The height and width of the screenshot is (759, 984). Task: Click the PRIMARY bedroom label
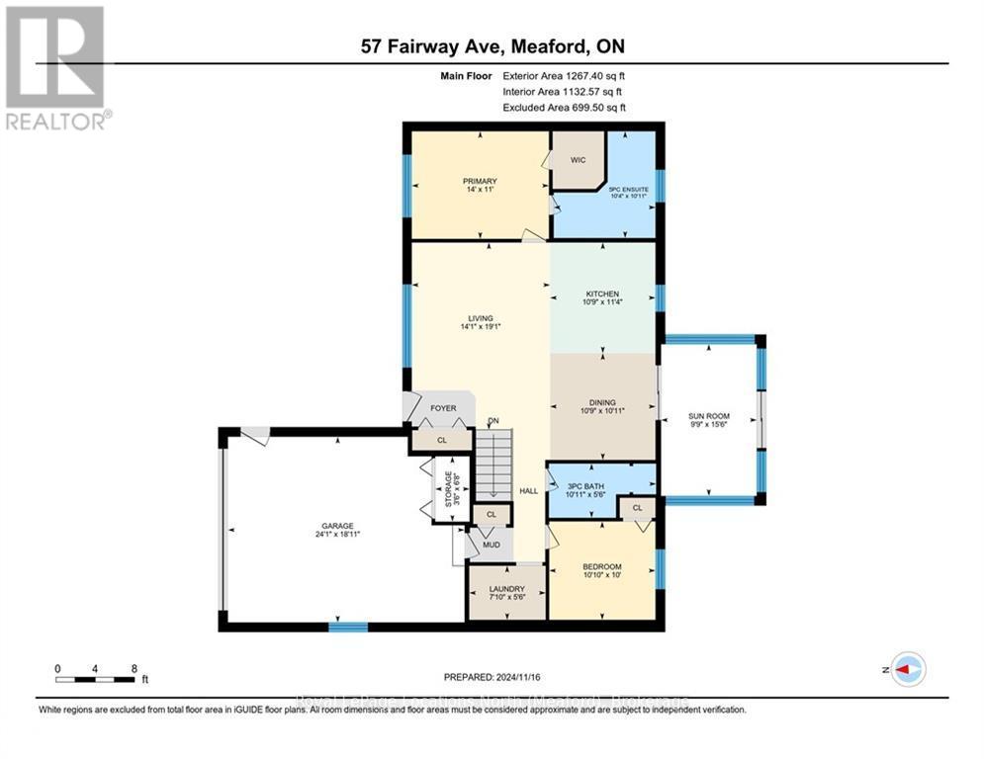click(x=479, y=182)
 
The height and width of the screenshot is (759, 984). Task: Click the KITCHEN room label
click(x=602, y=294)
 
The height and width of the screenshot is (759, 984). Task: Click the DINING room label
click(x=602, y=402)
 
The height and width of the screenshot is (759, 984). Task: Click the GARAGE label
click(x=336, y=526)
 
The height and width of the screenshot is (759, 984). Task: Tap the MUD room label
click(x=490, y=544)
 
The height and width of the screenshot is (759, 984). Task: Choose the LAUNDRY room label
click(x=506, y=589)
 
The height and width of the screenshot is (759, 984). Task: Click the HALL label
click(x=529, y=491)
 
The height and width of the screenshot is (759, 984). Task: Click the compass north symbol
click(x=908, y=669)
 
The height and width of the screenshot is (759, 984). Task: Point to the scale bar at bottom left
click(x=96, y=678)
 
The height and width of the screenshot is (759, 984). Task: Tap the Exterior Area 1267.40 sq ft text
click(x=564, y=74)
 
